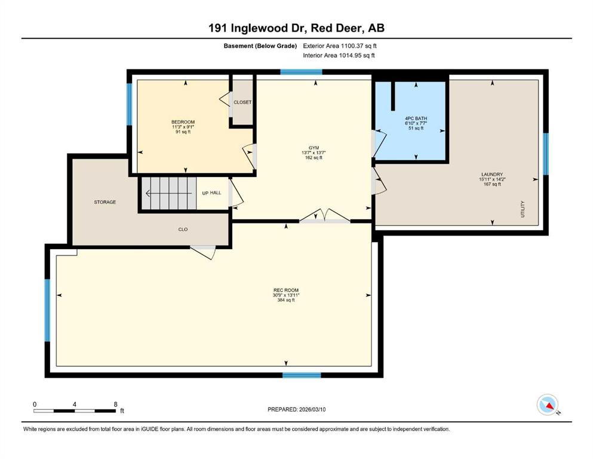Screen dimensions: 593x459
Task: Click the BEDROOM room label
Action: (183, 122)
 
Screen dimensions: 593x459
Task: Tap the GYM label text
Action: (314, 148)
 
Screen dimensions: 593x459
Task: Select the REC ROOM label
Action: (286, 290)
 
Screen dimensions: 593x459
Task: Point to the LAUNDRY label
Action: (492, 175)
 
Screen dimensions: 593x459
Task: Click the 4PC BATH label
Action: (416, 118)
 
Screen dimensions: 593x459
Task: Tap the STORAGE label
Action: (105, 202)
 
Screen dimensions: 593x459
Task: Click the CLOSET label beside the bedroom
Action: (242, 102)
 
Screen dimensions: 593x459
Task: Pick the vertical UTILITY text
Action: (523, 209)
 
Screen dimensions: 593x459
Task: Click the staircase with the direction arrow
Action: (169, 194)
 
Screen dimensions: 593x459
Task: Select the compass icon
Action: (548, 405)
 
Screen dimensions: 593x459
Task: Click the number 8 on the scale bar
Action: (115, 404)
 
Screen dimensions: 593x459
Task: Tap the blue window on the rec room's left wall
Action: (47, 310)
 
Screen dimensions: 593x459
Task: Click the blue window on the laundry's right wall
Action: (546, 154)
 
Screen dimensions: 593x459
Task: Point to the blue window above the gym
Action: (301, 72)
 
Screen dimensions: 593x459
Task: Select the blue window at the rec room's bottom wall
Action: (302, 375)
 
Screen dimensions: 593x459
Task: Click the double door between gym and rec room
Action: (324, 216)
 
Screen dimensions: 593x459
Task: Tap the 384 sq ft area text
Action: (286, 300)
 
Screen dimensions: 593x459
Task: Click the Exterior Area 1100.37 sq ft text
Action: (340, 46)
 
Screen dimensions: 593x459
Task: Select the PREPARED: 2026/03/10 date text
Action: (296, 409)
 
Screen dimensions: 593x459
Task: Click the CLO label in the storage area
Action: (183, 229)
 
